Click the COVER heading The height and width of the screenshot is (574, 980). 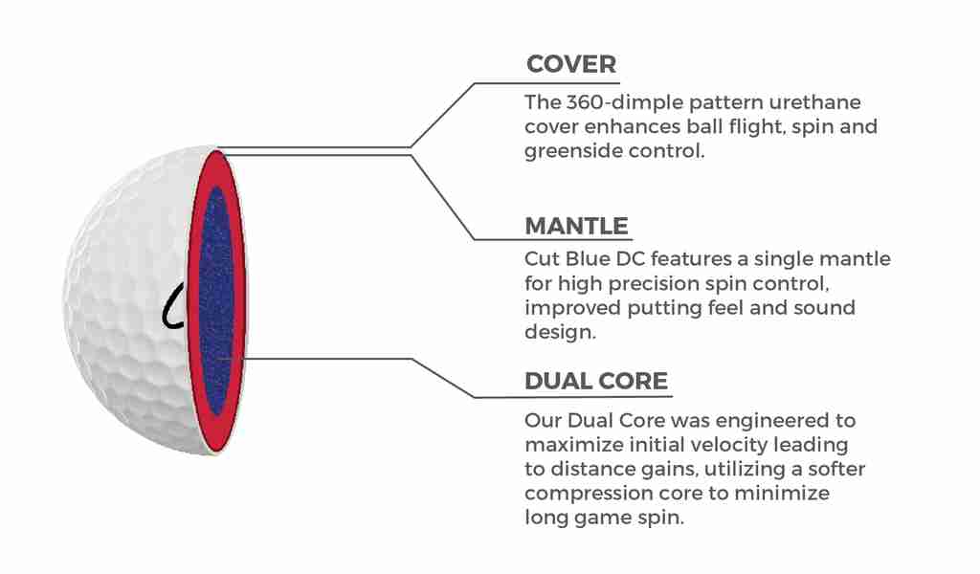coord(571,64)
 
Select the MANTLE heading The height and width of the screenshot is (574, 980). coord(576,226)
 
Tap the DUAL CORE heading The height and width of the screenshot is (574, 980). coord(596,381)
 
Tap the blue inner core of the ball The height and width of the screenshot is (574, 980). coord(216,301)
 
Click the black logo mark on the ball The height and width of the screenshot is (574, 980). coord(173,306)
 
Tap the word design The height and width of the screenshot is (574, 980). coord(561,333)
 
